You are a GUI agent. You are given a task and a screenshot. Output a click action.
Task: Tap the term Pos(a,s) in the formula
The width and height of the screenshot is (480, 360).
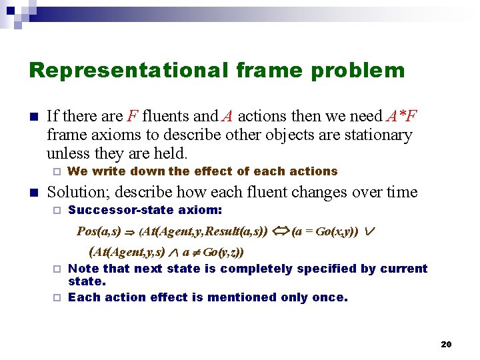tap(99, 232)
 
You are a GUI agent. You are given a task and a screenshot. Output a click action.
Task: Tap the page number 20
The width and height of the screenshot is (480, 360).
tap(446, 344)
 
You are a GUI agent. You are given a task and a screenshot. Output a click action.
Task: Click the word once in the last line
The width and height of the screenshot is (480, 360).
tap(331, 297)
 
